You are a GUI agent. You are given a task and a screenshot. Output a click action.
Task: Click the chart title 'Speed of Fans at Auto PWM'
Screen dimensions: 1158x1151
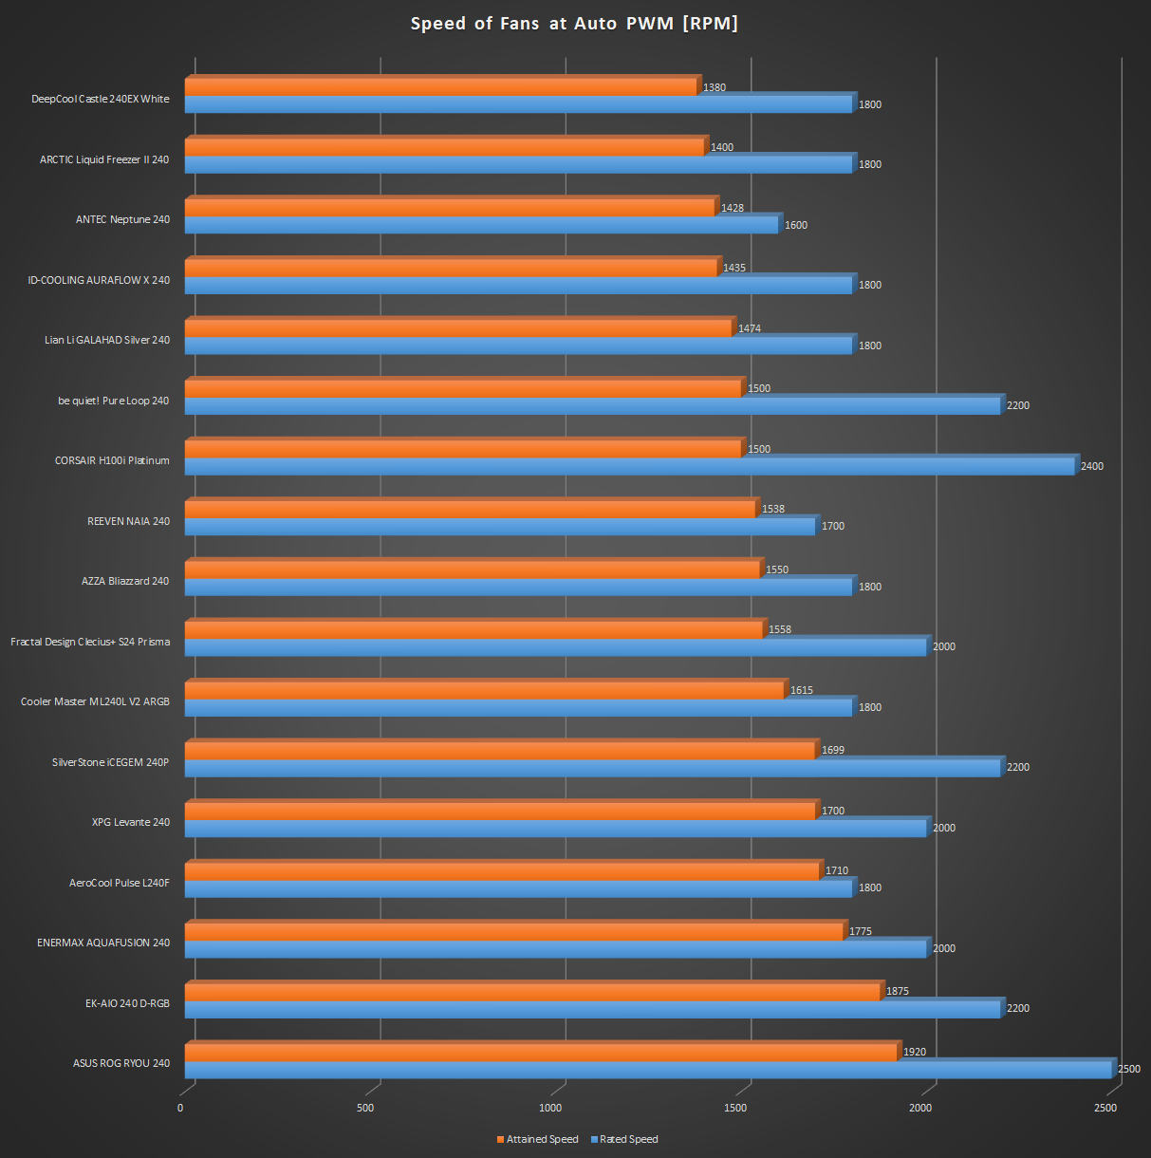coord(574,24)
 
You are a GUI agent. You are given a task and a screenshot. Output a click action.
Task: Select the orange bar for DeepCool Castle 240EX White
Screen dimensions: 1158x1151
coord(441,87)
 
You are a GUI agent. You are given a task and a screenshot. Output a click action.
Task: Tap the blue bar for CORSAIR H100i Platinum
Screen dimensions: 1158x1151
coord(629,466)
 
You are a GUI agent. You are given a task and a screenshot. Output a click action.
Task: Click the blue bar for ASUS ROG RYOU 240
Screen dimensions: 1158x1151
coord(647,1069)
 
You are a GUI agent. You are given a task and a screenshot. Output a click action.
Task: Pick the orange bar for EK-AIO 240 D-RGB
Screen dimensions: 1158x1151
coord(532,992)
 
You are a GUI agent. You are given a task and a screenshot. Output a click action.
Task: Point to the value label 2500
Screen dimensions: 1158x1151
coord(1129,1069)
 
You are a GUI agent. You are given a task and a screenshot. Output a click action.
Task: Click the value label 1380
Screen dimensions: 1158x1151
coord(715,87)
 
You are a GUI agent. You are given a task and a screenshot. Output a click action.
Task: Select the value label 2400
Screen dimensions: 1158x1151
coord(1092,466)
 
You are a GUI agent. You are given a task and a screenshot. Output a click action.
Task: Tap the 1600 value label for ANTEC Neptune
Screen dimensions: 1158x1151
coord(796,225)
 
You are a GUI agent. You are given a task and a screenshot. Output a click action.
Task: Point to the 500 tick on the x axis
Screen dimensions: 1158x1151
coord(365,1108)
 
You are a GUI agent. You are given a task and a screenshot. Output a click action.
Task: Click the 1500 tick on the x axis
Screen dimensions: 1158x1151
coord(735,1108)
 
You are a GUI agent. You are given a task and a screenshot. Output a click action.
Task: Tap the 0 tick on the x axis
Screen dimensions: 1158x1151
coord(180,1108)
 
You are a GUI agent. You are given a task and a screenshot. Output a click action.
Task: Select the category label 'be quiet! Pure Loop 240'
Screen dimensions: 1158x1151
coord(113,401)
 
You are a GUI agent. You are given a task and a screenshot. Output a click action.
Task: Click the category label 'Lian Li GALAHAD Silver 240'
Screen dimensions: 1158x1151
coord(107,340)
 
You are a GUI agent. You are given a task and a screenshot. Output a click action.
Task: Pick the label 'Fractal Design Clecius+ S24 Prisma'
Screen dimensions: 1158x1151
coord(90,642)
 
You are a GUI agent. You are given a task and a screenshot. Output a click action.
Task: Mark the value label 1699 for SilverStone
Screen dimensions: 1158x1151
coord(833,750)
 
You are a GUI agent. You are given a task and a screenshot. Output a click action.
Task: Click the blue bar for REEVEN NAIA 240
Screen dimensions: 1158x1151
coord(500,526)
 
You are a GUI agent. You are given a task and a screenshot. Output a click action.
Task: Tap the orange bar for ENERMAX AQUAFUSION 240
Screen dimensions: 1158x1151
coord(514,931)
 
